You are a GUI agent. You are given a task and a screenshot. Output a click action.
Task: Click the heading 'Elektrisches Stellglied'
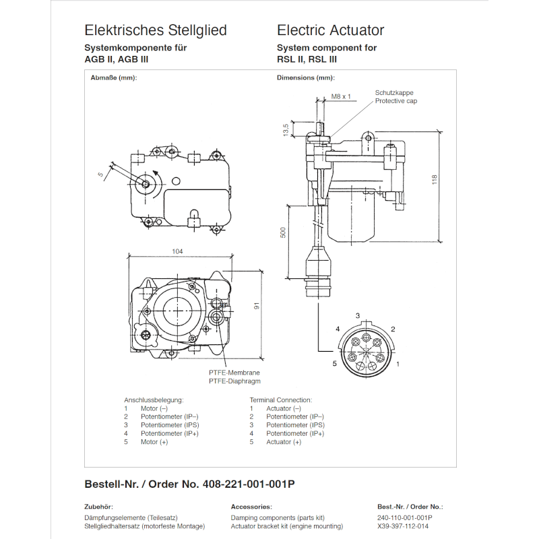(x=156, y=30)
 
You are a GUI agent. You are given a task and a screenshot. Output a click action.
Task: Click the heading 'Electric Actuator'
(x=330, y=30)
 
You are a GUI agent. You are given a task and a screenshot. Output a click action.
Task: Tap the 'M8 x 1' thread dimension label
(x=341, y=96)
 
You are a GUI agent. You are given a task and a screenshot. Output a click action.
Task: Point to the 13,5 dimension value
(x=286, y=130)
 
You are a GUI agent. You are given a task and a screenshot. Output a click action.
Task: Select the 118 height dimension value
(x=434, y=180)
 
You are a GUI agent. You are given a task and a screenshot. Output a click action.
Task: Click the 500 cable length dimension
(x=283, y=232)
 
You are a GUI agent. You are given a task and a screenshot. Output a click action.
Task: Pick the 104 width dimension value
(x=177, y=251)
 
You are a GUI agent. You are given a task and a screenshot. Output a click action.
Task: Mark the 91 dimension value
(x=257, y=305)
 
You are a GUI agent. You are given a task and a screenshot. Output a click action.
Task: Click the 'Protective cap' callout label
(x=396, y=101)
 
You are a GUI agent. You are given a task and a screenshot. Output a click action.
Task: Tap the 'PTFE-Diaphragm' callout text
(x=234, y=381)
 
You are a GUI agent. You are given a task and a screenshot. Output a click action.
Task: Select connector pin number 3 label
(x=358, y=315)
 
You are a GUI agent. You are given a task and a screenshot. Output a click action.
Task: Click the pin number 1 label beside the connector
(x=398, y=364)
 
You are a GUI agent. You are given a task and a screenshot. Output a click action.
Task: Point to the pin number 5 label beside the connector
(x=334, y=363)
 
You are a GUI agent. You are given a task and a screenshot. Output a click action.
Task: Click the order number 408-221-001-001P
(x=249, y=484)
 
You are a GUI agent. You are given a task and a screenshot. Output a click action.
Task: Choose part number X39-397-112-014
(x=403, y=526)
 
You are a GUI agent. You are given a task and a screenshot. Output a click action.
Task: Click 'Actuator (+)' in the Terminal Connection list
(x=284, y=442)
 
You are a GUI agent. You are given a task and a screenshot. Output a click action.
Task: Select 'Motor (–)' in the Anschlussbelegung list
(x=154, y=409)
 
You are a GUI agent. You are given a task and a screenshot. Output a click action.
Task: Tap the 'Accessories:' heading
(x=251, y=507)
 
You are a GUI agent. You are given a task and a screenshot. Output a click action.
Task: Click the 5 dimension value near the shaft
(x=100, y=175)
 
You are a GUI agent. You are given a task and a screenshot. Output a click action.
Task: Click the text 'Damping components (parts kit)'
(x=278, y=517)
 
